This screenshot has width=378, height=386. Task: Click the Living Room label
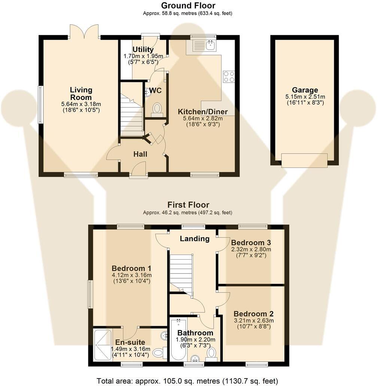[x=81, y=94]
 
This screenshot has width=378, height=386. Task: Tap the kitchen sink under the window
[x=203, y=46]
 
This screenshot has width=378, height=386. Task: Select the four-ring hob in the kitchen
[x=229, y=76]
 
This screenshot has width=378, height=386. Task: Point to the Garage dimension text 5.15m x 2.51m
[x=305, y=96]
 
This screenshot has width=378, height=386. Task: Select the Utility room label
[x=143, y=50]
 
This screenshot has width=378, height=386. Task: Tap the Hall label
[x=140, y=154]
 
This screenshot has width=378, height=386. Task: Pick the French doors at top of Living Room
[x=84, y=32]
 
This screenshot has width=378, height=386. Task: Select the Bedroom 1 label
[x=131, y=268]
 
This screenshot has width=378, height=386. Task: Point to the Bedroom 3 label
[x=251, y=242]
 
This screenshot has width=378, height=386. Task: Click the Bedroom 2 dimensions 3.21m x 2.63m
[x=253, y=320]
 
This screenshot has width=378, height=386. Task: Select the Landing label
[x=194, y=239]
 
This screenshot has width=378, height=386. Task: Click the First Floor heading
[x=188, y=205]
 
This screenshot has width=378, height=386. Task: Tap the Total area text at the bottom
[x=187, y=381]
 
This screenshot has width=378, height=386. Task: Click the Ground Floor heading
[x=188, y=6]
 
